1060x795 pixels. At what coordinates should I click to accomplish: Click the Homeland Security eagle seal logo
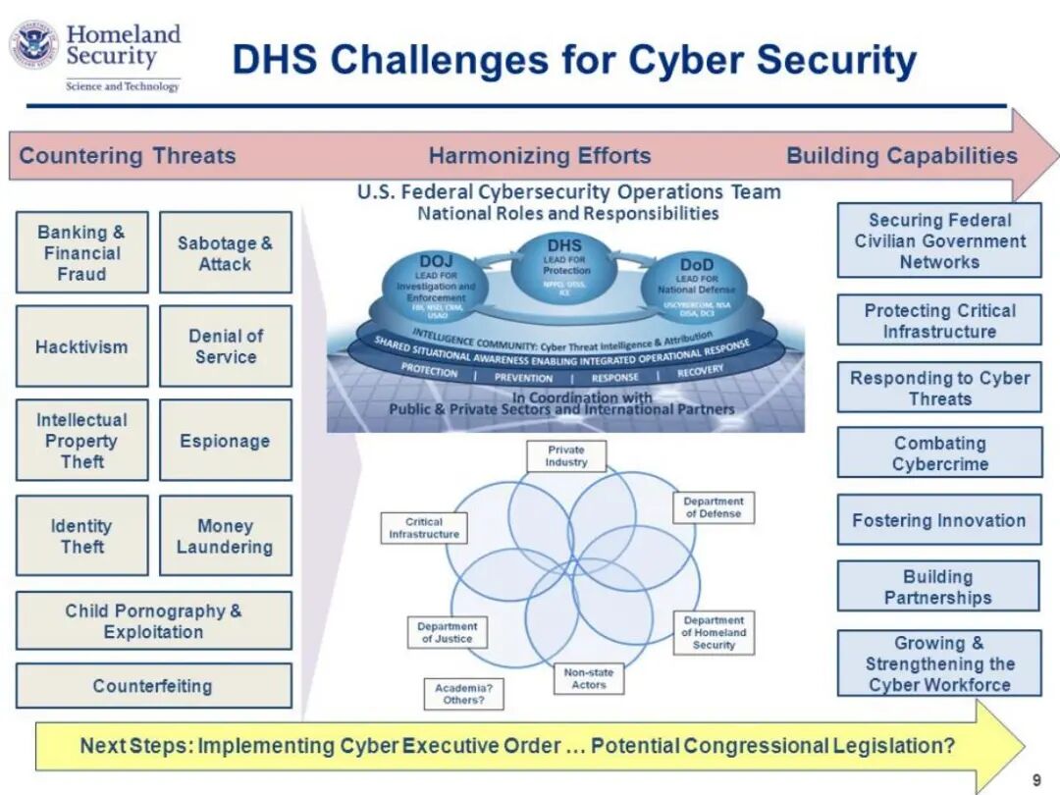[x=34, y=45]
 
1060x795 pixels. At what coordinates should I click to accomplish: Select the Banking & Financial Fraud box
[x=81, y=252]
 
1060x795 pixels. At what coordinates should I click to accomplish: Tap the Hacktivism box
[x=81, y=346]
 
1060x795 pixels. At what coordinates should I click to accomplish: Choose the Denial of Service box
[x=226, y=346]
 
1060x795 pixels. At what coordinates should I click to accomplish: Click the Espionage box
[x=226, y=441]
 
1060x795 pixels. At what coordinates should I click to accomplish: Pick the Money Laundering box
[x=226, y=536]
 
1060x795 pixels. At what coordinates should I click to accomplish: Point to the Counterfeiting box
[x=153, y=686]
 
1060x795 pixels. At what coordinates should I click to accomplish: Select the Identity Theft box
[x=81, y=536]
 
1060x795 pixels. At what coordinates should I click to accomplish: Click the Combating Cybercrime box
[x=939, y=452]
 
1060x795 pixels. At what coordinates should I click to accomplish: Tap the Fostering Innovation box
[x=939, y=520]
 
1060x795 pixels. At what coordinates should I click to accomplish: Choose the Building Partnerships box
[x=938, y=587]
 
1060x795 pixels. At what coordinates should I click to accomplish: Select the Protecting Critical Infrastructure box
[x=939, y=320]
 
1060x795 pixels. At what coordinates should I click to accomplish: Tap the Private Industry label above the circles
[x=566, y=455]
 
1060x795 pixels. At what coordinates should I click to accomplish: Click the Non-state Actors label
[x=589, y=678]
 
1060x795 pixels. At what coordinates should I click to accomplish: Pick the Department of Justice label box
[x=447, y=632]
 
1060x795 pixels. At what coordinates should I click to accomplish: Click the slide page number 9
[x=1036, y=780]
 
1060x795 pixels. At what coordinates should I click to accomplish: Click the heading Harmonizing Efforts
[x=539, y=156]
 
